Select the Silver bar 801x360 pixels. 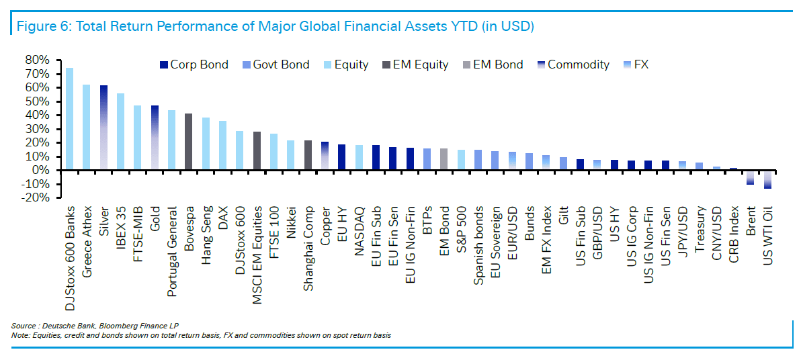(x=103, y=128)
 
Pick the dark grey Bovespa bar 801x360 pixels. (x=189, y=142)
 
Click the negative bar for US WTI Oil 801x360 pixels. (x=767, y=179)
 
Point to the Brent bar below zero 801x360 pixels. (x=750, y=177)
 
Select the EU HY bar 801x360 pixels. (x=341, y=157)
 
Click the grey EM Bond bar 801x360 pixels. (x=444, y=159)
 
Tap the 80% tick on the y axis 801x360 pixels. (x=37, y=60)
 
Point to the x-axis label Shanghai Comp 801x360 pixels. (x=308, y=249)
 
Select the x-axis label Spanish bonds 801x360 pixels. (x=478, y=249)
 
